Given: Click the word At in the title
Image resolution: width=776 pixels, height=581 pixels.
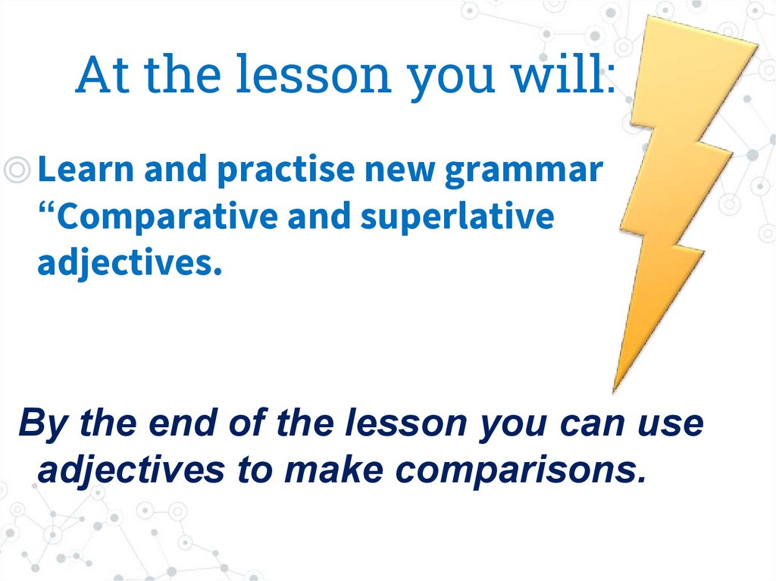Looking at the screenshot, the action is coord(102,74).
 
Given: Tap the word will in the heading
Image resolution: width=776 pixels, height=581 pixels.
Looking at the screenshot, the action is coord(562,73).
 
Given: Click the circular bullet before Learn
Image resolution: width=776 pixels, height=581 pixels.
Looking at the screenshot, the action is coord(17,170).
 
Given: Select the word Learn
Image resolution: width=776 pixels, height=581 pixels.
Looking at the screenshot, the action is coord(86,169).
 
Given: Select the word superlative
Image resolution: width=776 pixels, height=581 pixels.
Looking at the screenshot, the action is coord(457,217).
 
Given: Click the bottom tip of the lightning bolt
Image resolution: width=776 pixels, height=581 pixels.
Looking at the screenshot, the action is coord(614,391).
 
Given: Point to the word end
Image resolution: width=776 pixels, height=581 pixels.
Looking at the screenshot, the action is coord(183,423).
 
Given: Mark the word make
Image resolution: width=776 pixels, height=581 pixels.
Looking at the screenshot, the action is coord(333,469).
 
